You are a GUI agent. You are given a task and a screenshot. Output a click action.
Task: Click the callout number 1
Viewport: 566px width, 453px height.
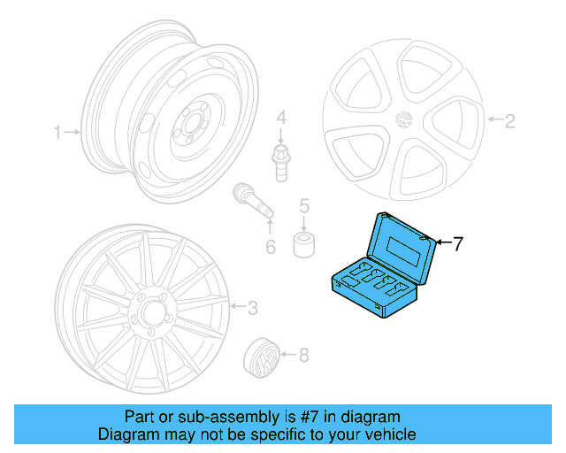(57, 134)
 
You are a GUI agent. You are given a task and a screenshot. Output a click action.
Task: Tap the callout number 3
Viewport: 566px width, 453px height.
(252, 308)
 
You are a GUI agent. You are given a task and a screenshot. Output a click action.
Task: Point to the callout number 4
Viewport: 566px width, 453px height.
(280, 118)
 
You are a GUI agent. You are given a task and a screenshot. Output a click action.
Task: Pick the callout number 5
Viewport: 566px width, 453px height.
(303, 206)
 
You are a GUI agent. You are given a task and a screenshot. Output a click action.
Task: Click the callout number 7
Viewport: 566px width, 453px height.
(457, 244)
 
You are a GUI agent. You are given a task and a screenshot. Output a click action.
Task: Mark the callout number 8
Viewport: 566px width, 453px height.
(303, 357)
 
